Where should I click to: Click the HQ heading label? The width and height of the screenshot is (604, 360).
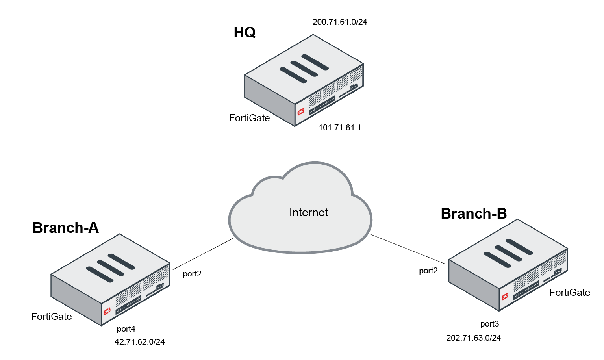tap(245, 32)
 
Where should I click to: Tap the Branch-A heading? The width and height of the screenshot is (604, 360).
tap(65, 228)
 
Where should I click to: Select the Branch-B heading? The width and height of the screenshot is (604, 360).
tap(474, 213)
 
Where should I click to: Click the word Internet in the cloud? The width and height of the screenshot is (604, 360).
tap(309, 213)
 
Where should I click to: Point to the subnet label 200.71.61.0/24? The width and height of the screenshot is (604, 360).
tap(339, 22)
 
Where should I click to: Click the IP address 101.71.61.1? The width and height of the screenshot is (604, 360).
tap(340, 128)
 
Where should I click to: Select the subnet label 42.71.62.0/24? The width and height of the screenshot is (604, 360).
tap(139, 342)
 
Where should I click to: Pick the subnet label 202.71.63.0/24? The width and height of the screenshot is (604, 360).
tap(473, 338)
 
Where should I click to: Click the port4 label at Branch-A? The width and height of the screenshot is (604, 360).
tap(126, 329)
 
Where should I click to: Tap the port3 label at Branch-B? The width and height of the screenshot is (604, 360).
tap(489, 324)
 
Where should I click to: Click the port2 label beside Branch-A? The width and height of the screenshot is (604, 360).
tap(192, 274)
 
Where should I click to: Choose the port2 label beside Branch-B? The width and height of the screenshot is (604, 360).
tap(428, 271)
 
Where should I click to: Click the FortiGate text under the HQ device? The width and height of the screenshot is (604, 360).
tap(250, 118)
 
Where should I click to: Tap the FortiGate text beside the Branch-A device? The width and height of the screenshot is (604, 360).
tap(52, 317)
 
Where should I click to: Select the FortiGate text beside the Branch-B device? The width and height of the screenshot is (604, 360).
tap(570, 293)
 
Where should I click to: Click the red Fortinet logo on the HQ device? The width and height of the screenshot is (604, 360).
tap(301, 111)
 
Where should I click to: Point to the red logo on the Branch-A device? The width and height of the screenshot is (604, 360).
tap(107, 311)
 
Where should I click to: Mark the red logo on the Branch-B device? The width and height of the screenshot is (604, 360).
tap(505, 297)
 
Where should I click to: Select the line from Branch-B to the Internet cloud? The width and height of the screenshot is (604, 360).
tap(408, 249)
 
